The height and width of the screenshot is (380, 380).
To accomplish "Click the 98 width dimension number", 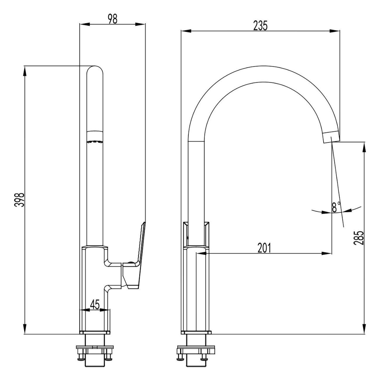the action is click(113, 19).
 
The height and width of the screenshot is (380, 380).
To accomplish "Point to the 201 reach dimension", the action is click(264, 248).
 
